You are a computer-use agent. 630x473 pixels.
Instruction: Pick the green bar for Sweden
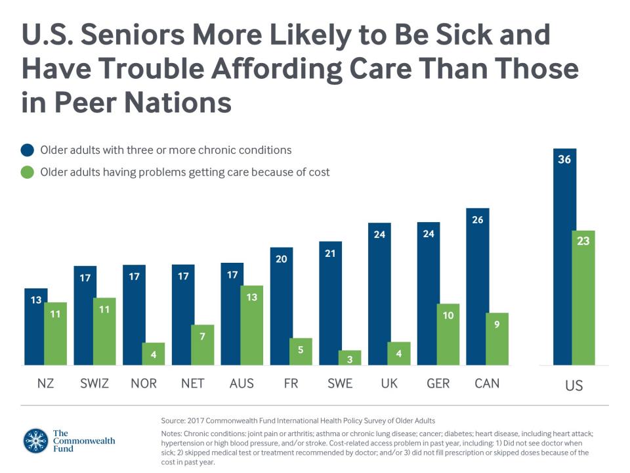tap(349, 358)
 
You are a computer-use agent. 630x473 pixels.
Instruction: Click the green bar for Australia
tap(251, 325)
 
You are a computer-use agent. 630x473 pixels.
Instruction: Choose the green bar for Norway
tap(153, 353)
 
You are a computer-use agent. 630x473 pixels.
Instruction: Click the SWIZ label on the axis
tap(95, 384)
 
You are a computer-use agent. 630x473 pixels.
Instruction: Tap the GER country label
tap(438, 384)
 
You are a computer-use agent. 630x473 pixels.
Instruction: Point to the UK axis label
tap(389, 384)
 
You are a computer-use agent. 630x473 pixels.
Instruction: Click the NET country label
tap(192, 384)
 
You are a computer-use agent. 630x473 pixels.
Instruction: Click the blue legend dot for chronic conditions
tap(27, 150)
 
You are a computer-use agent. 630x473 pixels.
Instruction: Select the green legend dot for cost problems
tap(27, 173)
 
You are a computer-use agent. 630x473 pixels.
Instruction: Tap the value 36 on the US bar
tap(564, 160)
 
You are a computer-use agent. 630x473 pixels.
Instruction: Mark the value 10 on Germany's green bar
tap(448, 316)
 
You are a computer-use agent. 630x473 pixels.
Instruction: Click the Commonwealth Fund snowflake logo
tap(35, 441)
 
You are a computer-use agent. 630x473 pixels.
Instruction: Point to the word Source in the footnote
tap(174, 420)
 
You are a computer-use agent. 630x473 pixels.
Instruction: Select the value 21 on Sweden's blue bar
tap(330, 253)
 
